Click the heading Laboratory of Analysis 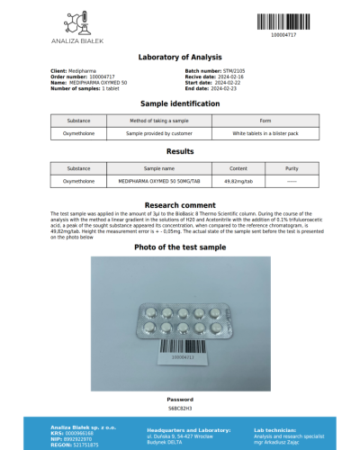coord(180,58)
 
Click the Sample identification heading coord(180,103)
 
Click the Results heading coord(180,152)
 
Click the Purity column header coord(291,168)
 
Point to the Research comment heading coord(180,205)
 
